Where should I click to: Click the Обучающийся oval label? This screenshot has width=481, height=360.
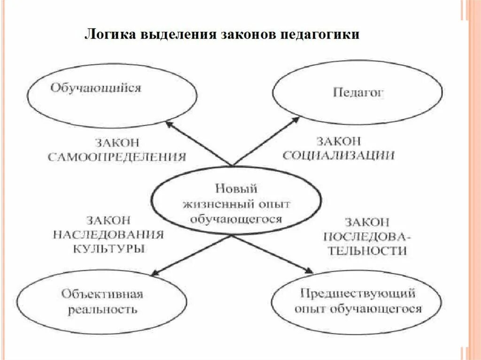point(96,88)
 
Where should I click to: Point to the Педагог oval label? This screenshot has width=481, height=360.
point(358,92)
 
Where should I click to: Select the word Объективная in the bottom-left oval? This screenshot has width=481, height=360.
point(102,294)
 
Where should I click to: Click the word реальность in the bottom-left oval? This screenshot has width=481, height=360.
point(102,310)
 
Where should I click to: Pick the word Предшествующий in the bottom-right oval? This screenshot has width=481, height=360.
point(358,293)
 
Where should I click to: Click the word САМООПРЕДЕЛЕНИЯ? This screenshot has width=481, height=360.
point(117,157)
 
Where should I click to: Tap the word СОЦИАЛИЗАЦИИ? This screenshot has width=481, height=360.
point(338,156)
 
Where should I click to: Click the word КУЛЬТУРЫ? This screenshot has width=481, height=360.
point(109,249)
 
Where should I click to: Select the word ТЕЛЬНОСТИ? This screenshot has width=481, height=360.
point(367,251)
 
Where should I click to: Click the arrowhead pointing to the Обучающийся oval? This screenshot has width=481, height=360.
point(168,123)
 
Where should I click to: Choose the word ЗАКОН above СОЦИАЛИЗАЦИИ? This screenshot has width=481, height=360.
point(338,141)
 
